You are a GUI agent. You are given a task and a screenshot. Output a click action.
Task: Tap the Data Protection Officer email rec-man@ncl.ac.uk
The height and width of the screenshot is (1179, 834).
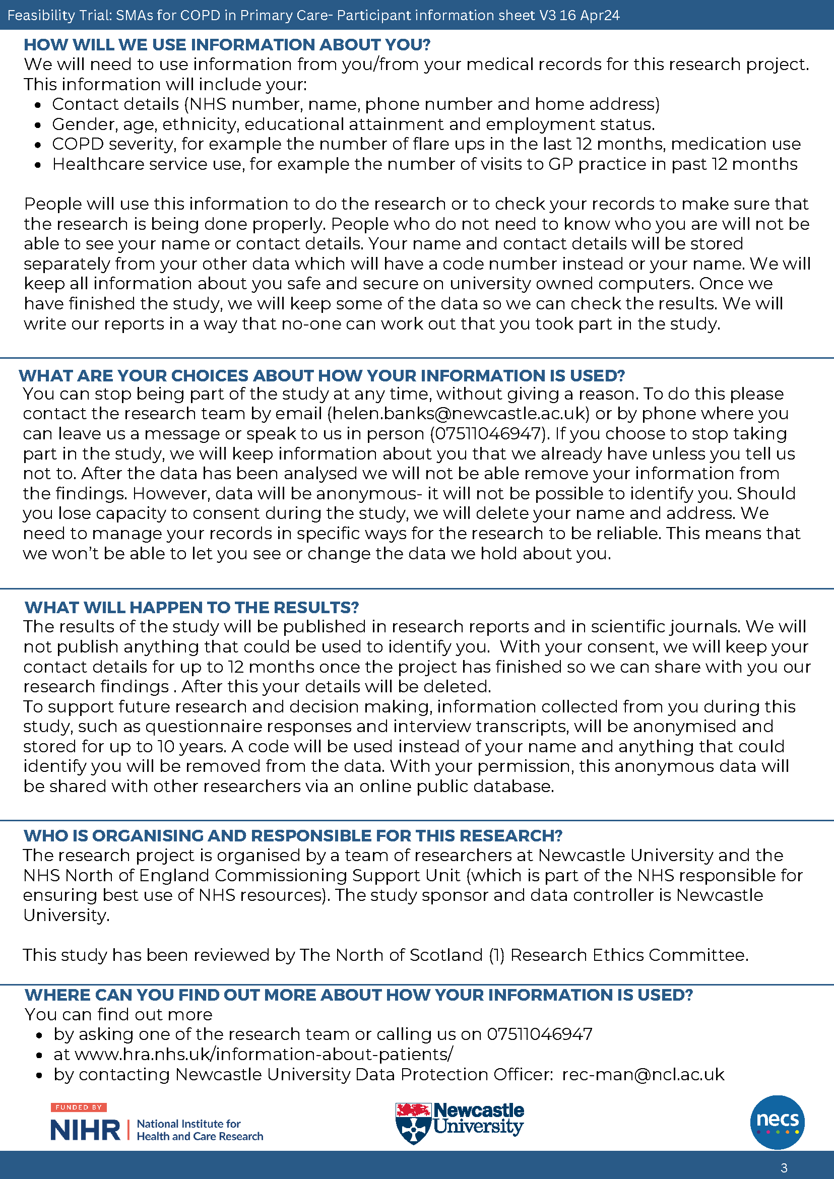coord(643,1074)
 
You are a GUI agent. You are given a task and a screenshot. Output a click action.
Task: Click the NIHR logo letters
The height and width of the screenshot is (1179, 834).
coord(85,1130)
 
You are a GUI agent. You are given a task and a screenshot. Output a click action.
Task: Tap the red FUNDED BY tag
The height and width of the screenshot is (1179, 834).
coord(79,1107)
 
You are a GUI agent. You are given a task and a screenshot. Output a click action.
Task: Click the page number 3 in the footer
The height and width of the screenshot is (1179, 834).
coord(784,1168)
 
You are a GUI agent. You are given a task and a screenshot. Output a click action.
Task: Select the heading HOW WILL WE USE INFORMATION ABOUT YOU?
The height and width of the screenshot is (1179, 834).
coord(227,45)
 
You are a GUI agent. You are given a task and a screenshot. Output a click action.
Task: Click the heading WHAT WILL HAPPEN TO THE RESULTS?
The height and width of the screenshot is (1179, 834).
coord(191,608)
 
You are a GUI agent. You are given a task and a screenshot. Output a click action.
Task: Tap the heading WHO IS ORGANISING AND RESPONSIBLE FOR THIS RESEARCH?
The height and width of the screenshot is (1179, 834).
coord(293,835)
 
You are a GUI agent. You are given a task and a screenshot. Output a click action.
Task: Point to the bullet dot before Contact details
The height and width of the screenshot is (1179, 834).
coord(38,105)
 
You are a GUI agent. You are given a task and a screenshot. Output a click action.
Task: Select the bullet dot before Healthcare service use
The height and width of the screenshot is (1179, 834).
coord(38,165)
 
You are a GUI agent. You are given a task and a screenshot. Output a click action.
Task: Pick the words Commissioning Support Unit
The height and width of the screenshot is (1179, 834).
coord(338,876)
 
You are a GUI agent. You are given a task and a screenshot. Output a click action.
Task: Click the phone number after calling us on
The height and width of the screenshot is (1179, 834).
coord(539,1034)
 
